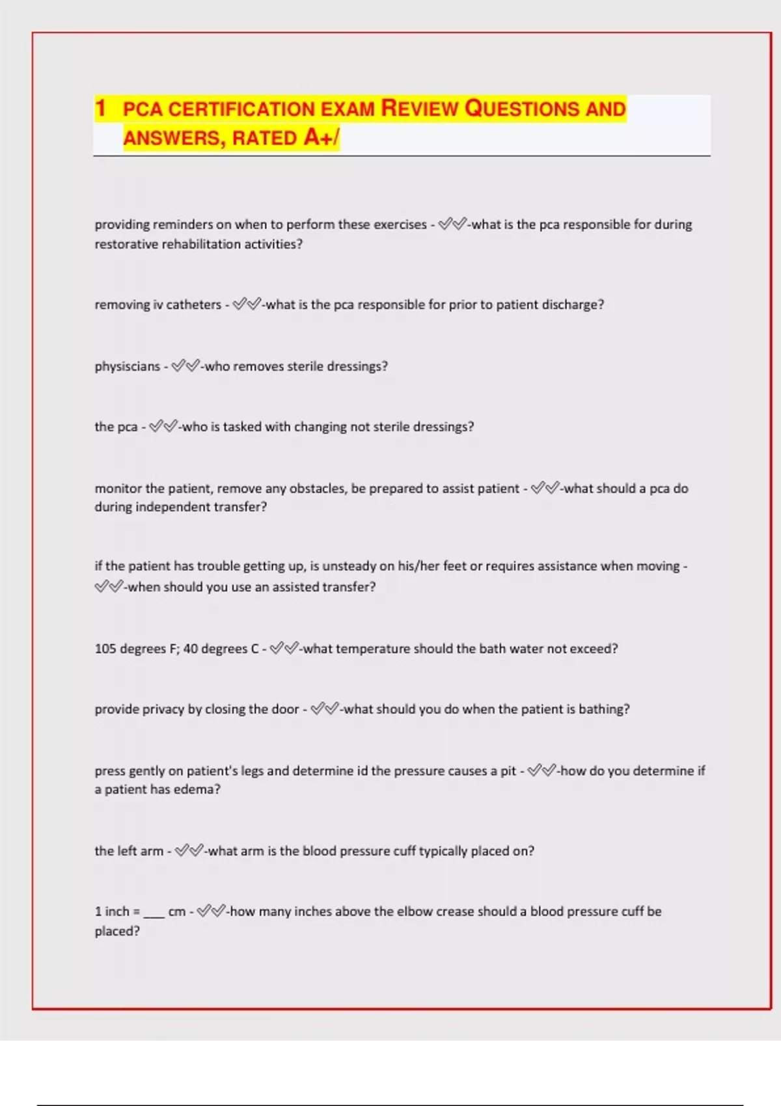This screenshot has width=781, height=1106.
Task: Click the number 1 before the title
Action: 100,108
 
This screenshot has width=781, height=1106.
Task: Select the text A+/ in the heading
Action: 321,137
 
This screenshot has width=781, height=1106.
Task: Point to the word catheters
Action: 194,304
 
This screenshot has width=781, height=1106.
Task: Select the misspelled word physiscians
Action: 128,366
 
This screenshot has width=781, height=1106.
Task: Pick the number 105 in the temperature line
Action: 105,649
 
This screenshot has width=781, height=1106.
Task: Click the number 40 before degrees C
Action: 190,649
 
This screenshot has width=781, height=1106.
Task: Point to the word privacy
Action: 163,709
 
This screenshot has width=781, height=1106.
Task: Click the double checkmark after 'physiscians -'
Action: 185,366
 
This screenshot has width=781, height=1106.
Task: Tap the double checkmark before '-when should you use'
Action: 109,587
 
